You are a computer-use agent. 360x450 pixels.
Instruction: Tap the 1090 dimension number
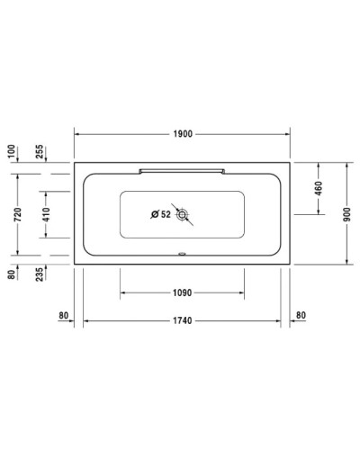(181, 292)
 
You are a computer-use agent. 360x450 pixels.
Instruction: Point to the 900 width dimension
(346, 214)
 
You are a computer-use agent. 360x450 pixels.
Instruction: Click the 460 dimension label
(319, 189)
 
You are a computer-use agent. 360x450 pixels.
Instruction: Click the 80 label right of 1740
(301, 314)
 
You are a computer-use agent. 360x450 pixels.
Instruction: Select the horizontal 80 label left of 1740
(63, 314)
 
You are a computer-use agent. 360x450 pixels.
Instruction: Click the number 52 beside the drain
(166, 214)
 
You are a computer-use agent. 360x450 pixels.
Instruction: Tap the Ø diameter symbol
(155, 214)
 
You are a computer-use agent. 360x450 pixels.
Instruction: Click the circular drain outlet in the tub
(184, 215)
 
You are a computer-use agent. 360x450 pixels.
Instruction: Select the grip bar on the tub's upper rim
(181, 167)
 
